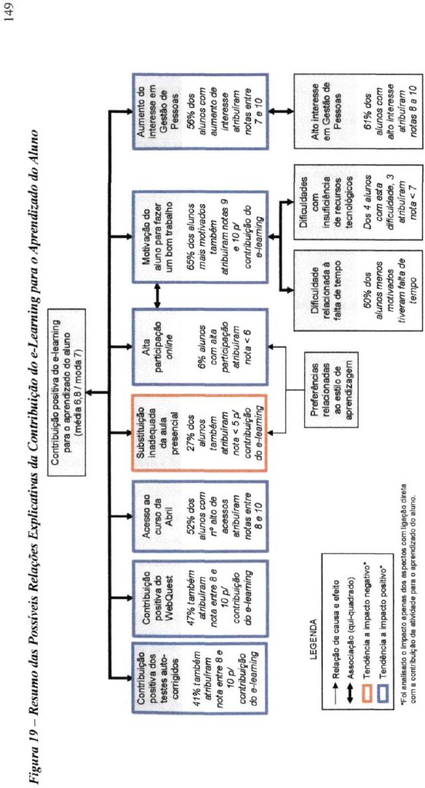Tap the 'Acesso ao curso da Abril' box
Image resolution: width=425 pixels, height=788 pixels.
click(199, 519)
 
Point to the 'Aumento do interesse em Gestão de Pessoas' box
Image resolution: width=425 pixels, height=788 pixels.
click(199, 112)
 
